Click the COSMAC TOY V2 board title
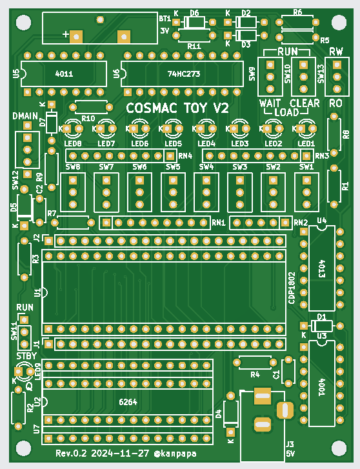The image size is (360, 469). click(177, 108)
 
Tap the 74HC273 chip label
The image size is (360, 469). click(184, 74)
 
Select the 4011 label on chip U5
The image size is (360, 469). click(64, 74)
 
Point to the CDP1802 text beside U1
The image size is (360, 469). click(292, 288)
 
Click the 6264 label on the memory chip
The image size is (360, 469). click(128, 402)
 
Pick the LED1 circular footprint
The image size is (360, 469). click(306, 128)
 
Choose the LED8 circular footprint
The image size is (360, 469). click(73, 128)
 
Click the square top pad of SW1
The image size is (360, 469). click(306, 180)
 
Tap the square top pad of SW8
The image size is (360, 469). click(73, 180)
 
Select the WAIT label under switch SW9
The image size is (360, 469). click(270, 103)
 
